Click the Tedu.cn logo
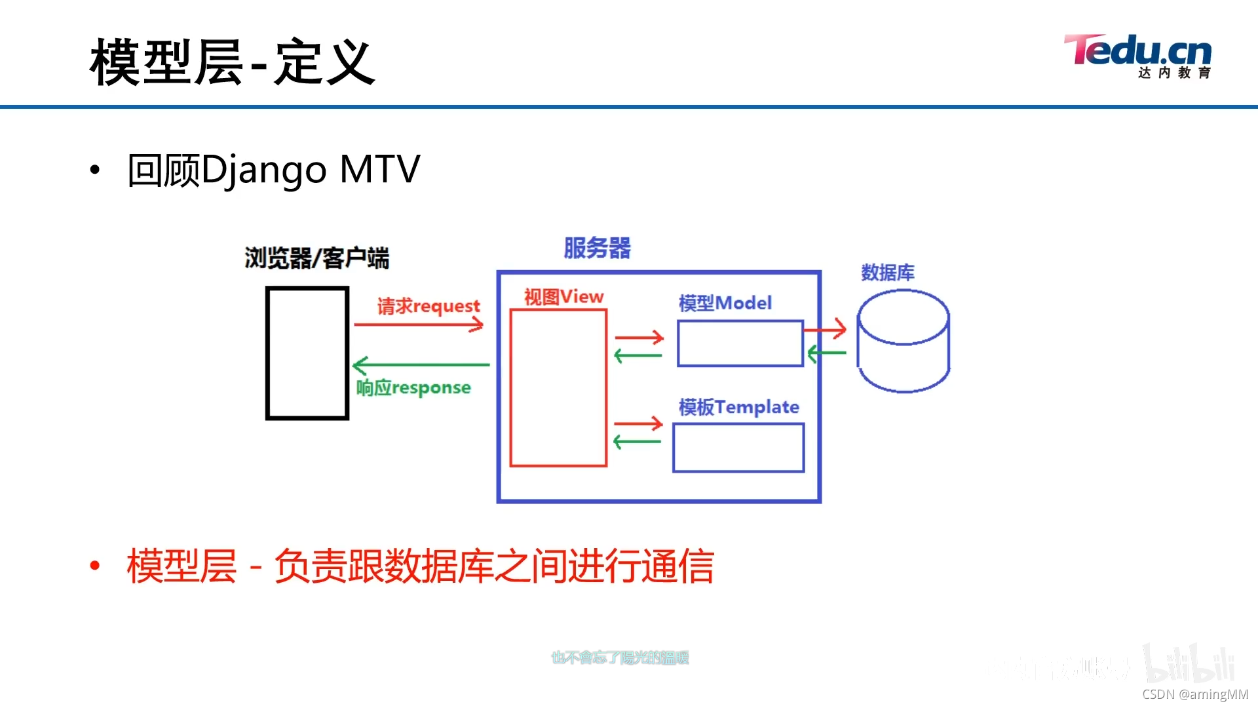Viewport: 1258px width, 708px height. click(1138, 56)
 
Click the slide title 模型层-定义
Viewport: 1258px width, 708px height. click(232, 62)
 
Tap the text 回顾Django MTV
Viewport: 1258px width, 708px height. click(274, 169)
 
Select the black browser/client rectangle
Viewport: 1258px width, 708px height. click(307, 353)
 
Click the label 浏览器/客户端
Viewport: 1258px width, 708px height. click(316, 258)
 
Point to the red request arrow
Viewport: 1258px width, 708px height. click(418, 324)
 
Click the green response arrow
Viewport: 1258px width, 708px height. click(421, 364)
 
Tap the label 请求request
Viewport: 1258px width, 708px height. click(429, 305)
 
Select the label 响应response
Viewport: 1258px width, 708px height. click(413, 387)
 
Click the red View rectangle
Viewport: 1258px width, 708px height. click(558, 387)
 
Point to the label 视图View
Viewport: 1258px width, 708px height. click(563, 297)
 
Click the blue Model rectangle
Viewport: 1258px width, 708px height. click(740, 343)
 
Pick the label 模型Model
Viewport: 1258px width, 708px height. click(725, 303)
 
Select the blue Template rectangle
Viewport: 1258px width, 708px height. click(738, 447)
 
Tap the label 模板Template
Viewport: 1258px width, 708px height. click(738, 407)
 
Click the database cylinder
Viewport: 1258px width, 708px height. click(903, 341)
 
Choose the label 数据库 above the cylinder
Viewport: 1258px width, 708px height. click(887, 273)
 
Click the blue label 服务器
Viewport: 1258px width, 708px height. click(597, 248)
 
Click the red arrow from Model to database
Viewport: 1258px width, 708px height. click(826, 329)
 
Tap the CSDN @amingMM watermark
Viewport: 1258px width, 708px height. click(1195, 694)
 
